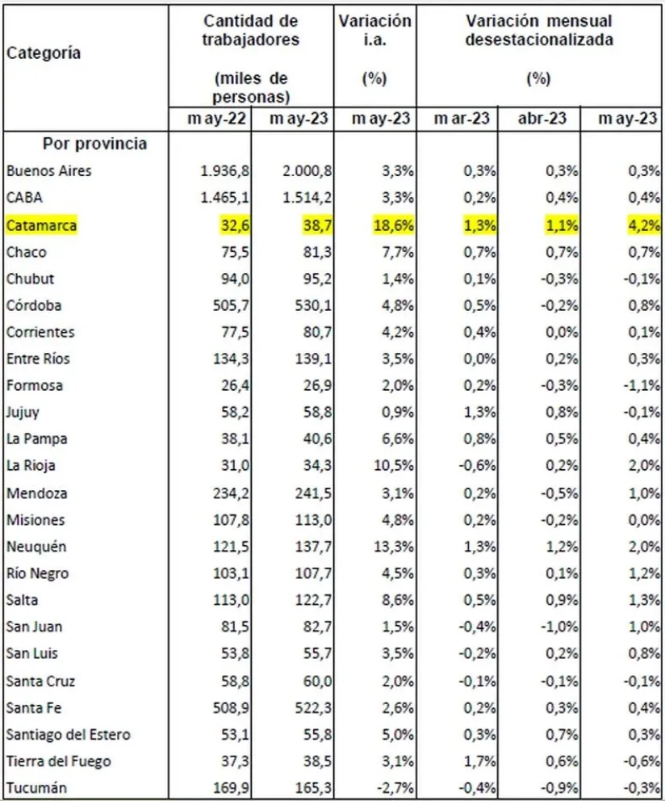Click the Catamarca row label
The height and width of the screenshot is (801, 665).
[x=41, y=225]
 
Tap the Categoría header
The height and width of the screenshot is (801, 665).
[x=44, y=53]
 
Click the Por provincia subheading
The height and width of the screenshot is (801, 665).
[x=94, y=145]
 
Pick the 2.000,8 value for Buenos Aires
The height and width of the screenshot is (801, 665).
[x=307, y=171]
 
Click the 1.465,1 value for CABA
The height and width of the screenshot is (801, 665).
[x=228, y=198]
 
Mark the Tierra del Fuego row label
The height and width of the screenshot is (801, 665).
[x=58, y=761]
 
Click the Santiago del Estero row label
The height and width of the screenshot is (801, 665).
[x=68, y=734]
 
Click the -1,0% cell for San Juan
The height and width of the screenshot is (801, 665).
[x=559, y=627]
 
